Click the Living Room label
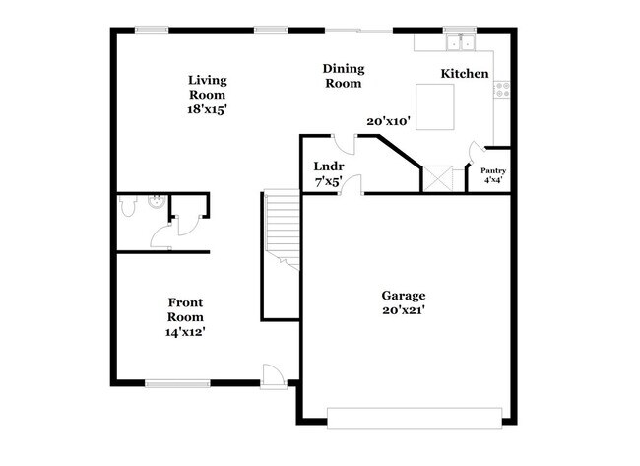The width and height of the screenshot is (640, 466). [x=208, y=87]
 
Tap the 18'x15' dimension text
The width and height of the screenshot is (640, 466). [x=208, y=110]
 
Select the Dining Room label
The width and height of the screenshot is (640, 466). [x=344, y=76]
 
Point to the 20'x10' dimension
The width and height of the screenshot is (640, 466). [x=387, y=121]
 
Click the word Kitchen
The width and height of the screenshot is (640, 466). [x=464, y=74]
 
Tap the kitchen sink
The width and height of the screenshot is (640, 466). [x=459, y=42]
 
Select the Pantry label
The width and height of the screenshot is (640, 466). [x=492, y=171]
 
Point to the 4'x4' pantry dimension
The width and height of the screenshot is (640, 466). [x=492, y=180]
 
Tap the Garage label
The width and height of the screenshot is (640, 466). [x=404, y=296]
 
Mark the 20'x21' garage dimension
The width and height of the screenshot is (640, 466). [x=404, y=310]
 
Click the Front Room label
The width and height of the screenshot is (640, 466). [x=185, y=309]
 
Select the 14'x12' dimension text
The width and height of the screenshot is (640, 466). [x=185, y=332]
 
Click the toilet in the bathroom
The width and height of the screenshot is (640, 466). [x=126, y=206]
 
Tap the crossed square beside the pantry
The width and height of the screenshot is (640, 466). [x=437, y=178]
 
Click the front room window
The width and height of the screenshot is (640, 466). [x=176, y=383]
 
